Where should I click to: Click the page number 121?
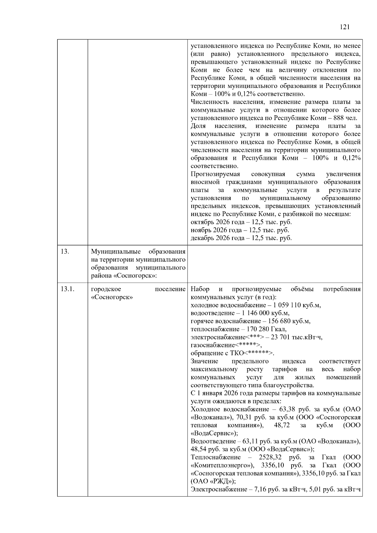pos(345,27)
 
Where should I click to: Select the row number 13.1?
pos(68,289)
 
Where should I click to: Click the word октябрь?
pos(201,222)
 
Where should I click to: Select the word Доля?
pos(198,126)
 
